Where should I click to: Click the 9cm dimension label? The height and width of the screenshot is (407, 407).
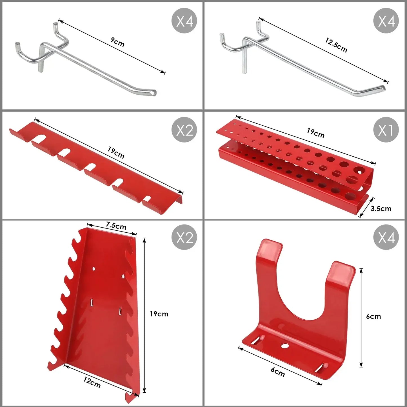[x=118, y=42]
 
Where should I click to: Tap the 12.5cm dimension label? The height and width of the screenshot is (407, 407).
[x=336, y=45]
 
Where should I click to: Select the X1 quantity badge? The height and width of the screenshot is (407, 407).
[x=386, y=130]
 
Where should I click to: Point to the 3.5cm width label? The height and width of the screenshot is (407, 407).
[x=381, y=209]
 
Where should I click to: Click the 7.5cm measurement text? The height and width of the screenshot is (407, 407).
[x=116, y=226]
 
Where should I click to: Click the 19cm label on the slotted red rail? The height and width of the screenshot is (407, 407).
[x=116, y=152]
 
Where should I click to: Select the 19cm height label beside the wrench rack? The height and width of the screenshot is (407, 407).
[x=159, y=314]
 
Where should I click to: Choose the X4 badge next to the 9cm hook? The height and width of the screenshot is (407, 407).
[x=184, y=21]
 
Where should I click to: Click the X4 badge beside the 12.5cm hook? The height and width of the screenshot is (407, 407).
[x=386, y=21]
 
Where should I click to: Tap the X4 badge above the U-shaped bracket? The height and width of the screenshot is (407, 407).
[x=386, y=237]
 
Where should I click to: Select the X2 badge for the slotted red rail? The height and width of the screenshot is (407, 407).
[x=184, y=130]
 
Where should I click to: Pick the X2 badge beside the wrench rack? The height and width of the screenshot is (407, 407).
[x=184, y=237]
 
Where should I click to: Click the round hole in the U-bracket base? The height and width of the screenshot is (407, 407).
[x=285, y=346]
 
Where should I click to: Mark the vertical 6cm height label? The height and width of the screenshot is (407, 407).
[x=373, y=316]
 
